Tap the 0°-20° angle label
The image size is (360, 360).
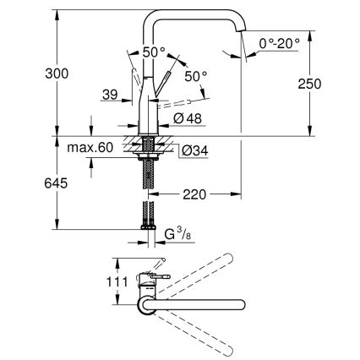(278, 41)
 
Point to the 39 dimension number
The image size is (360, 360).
(107, 96)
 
